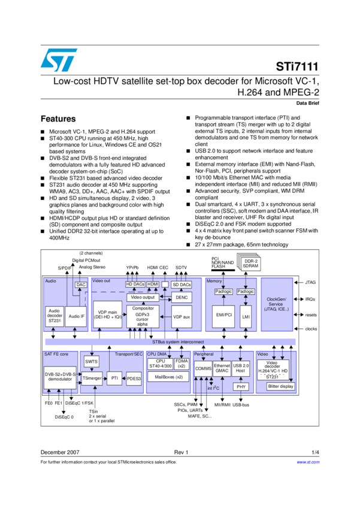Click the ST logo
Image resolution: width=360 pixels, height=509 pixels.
(59, 60)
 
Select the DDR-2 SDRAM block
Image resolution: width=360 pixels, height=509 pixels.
(250, 263)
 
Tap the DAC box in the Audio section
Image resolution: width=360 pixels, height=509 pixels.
(81, 284)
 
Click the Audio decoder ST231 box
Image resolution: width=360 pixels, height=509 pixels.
(55, 316)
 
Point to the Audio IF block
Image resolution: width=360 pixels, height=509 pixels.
(76, 316)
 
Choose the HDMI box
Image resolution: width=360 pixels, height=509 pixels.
(153, 284)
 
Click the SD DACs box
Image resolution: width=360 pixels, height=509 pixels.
(181, 284)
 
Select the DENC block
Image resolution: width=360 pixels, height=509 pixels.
(181, 298)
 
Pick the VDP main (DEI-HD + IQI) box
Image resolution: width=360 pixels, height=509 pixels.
(107, 316)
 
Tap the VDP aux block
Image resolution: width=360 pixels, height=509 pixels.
(181, 316)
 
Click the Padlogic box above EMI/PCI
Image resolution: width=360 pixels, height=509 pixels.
(223, 292)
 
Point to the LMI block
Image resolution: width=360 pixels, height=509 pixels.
(246, 316)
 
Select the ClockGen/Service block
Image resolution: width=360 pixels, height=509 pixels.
(276, 304)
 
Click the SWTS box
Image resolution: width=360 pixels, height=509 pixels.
(91, 362)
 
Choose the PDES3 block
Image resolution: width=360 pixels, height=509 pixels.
(134, 378)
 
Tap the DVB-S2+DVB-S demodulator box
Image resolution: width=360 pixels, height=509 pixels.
(60, 377)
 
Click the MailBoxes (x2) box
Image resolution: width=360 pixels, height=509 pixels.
(168, 377)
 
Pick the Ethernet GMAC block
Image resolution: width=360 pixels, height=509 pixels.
(222, 368)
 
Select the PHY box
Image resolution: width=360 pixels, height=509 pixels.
(241, 387)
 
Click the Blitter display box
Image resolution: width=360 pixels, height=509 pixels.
(280, 386)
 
